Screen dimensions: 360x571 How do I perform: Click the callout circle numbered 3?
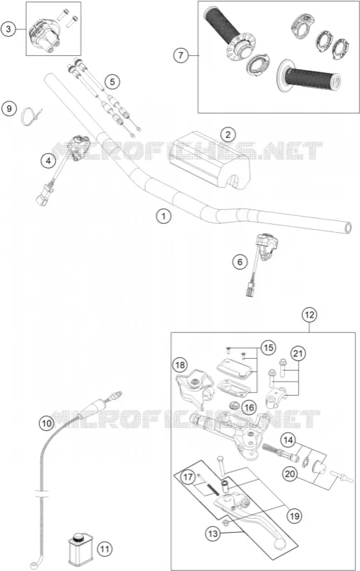(x=8, y=29)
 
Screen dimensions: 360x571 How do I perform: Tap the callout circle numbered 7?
(x=181, y=55)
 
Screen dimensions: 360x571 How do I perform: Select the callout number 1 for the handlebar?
(x=163, y=217)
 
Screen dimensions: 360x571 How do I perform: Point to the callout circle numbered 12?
(x=309, y=315)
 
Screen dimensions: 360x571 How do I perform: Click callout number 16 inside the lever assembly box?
(x=249, y=407)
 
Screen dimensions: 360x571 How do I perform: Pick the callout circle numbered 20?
(x=290, y=474)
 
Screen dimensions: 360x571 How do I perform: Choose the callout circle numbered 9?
(x=9, y=108)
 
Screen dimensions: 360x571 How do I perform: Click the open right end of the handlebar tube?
(x=348, y=228)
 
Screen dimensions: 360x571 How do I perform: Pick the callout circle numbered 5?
(x=112, y=82)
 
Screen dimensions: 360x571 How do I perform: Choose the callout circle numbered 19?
(x=294, y=516)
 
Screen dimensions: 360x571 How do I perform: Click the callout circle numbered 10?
(x=46, y=423)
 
